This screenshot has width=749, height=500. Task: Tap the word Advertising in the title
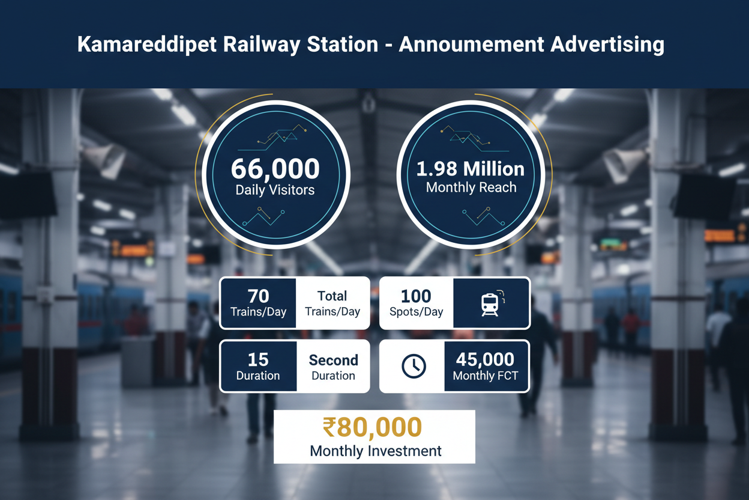pos(607,45)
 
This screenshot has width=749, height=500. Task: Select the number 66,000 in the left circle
pos(275,168)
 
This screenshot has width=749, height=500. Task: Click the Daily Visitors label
pos(275,190)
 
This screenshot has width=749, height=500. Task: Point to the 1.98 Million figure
pos(471,168)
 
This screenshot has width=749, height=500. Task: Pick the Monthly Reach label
pos(471,187)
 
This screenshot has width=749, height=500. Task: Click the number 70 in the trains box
pos(258,296)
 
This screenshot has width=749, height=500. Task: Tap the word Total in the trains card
pos(332,296)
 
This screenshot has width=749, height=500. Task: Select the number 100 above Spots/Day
pos(416,296)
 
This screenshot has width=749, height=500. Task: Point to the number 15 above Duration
pos(258,360)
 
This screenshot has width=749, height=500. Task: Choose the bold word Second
pos(333,361)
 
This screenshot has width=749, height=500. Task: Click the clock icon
pos(414,367)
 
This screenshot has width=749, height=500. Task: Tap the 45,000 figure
pos(485,359)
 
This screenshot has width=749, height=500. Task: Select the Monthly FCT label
pos(486,376)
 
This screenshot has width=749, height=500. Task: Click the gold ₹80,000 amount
pos(372,427)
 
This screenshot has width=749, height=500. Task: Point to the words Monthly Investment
pos(376,451)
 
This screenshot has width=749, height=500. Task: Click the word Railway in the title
pos(262,45)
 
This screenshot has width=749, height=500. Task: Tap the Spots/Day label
pos(417,312)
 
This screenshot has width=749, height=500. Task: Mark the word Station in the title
pos(343,44)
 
